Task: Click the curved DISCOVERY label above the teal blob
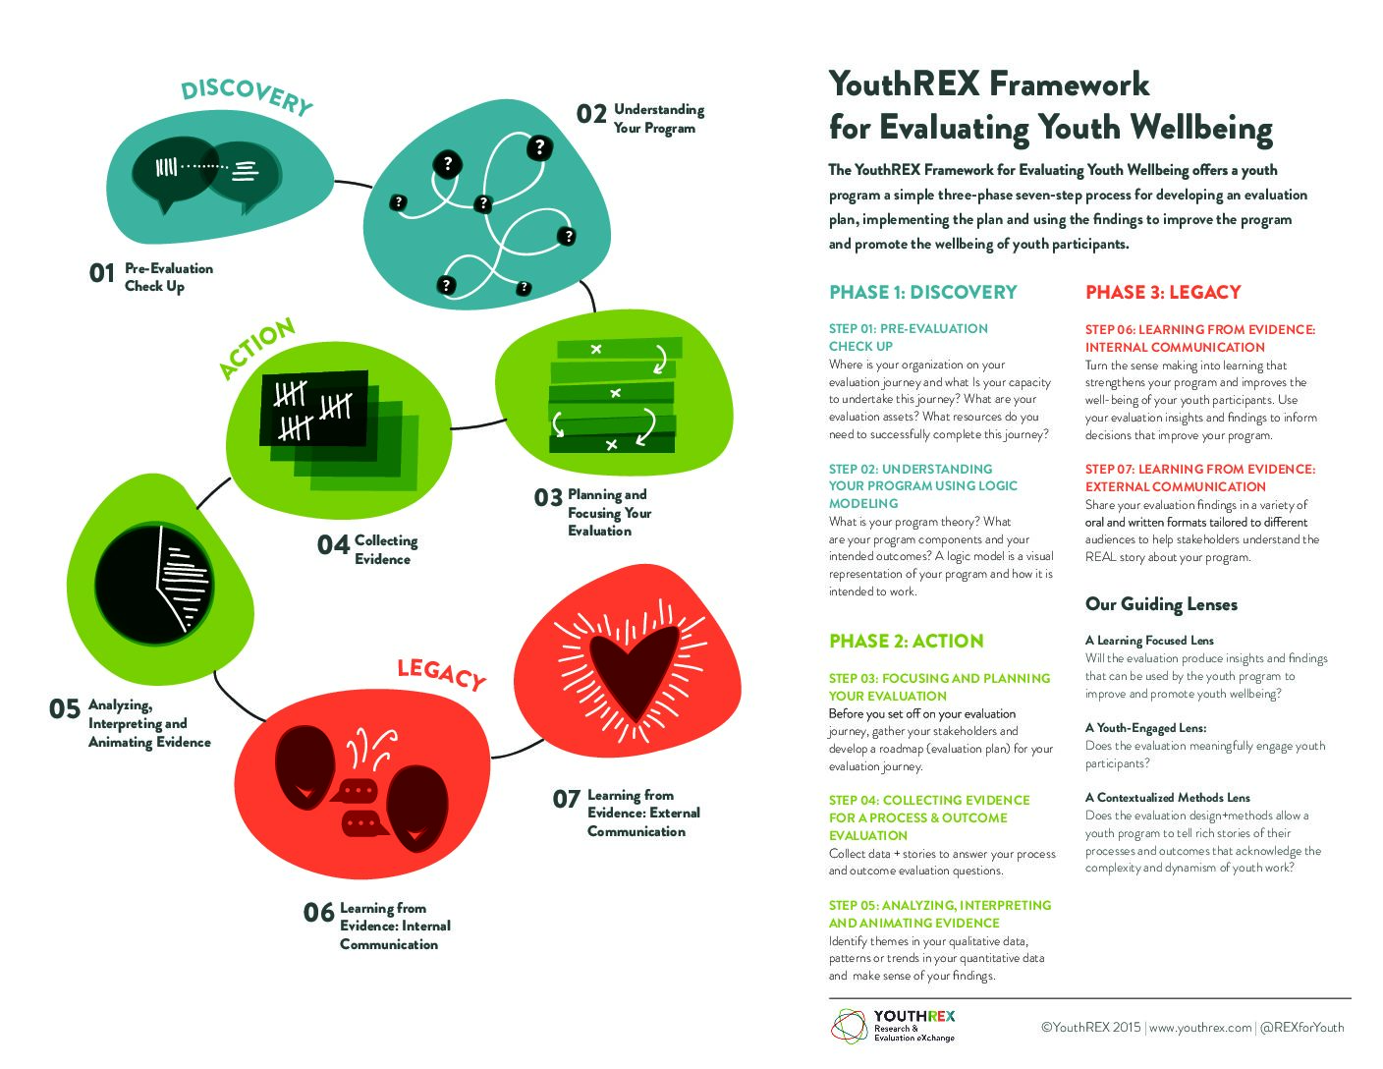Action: tap(247, 96)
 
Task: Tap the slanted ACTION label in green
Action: tap(256, 348)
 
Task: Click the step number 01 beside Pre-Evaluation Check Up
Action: tap(102, 273)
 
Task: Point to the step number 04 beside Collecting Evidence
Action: tap(333, 545)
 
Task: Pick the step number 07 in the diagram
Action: tap(566, 799)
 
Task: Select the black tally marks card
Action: tap(313, 408)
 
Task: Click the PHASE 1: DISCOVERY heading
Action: tap(923, 292)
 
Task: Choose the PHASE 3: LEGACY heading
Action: tap(1163, 292)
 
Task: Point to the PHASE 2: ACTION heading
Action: tap(907, 641)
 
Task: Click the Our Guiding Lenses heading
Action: tap(1161, 603)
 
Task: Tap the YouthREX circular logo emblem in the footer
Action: tap(849, 1027)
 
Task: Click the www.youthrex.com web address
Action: tap(1199, 1027)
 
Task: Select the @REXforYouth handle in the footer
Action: tap(1301, 1027)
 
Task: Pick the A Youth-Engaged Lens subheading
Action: tap(1145, 728)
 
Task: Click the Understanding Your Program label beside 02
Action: tap(659, 119)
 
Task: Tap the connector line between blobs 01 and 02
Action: tap(354, 184)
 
